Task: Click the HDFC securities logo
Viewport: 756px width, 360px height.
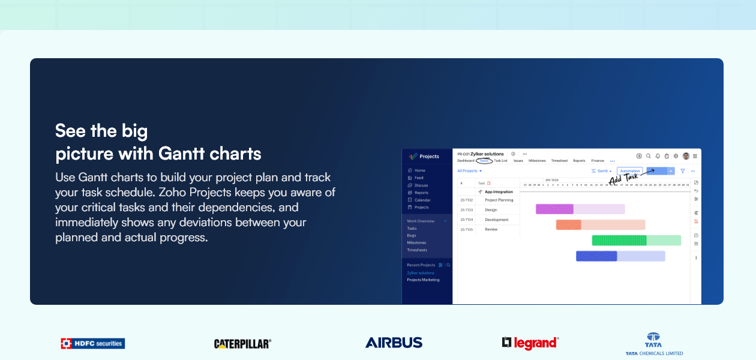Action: [92, 343]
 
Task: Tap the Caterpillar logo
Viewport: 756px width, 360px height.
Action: [242, 344]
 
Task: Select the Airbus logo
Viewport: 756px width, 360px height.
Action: [394, 343]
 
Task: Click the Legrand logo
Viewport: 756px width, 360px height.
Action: [530, 343]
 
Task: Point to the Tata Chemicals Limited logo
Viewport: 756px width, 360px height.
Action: [653, 344]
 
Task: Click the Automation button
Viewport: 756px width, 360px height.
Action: [629, 171]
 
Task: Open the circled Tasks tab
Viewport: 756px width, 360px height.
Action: [484, 161]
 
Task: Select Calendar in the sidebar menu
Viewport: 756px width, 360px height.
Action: [422, 200]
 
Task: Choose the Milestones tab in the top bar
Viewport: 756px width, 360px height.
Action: [537, 161]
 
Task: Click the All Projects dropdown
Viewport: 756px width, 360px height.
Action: [469, 171]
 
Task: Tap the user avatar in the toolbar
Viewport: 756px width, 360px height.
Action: [686, 156]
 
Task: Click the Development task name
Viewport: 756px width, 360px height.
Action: [496, 220]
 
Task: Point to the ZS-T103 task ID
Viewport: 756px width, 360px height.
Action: [466, 210]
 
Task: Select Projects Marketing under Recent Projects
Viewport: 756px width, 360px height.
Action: [423, 280]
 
